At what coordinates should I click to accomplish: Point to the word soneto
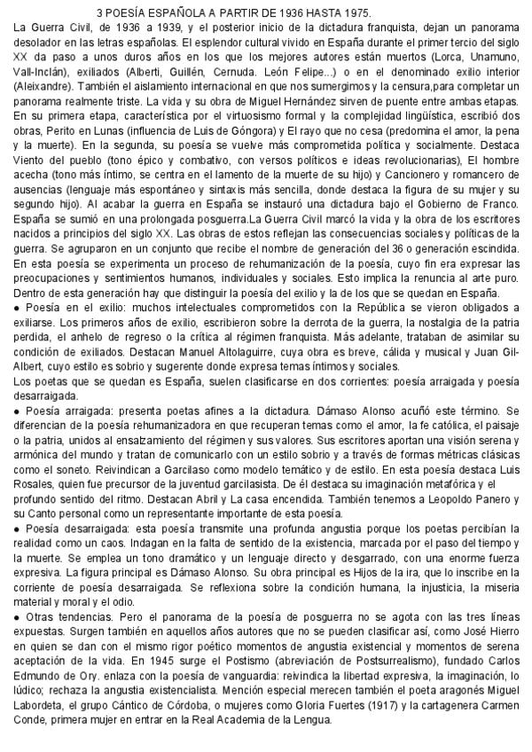pyautogui.click(x=71, y=470)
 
